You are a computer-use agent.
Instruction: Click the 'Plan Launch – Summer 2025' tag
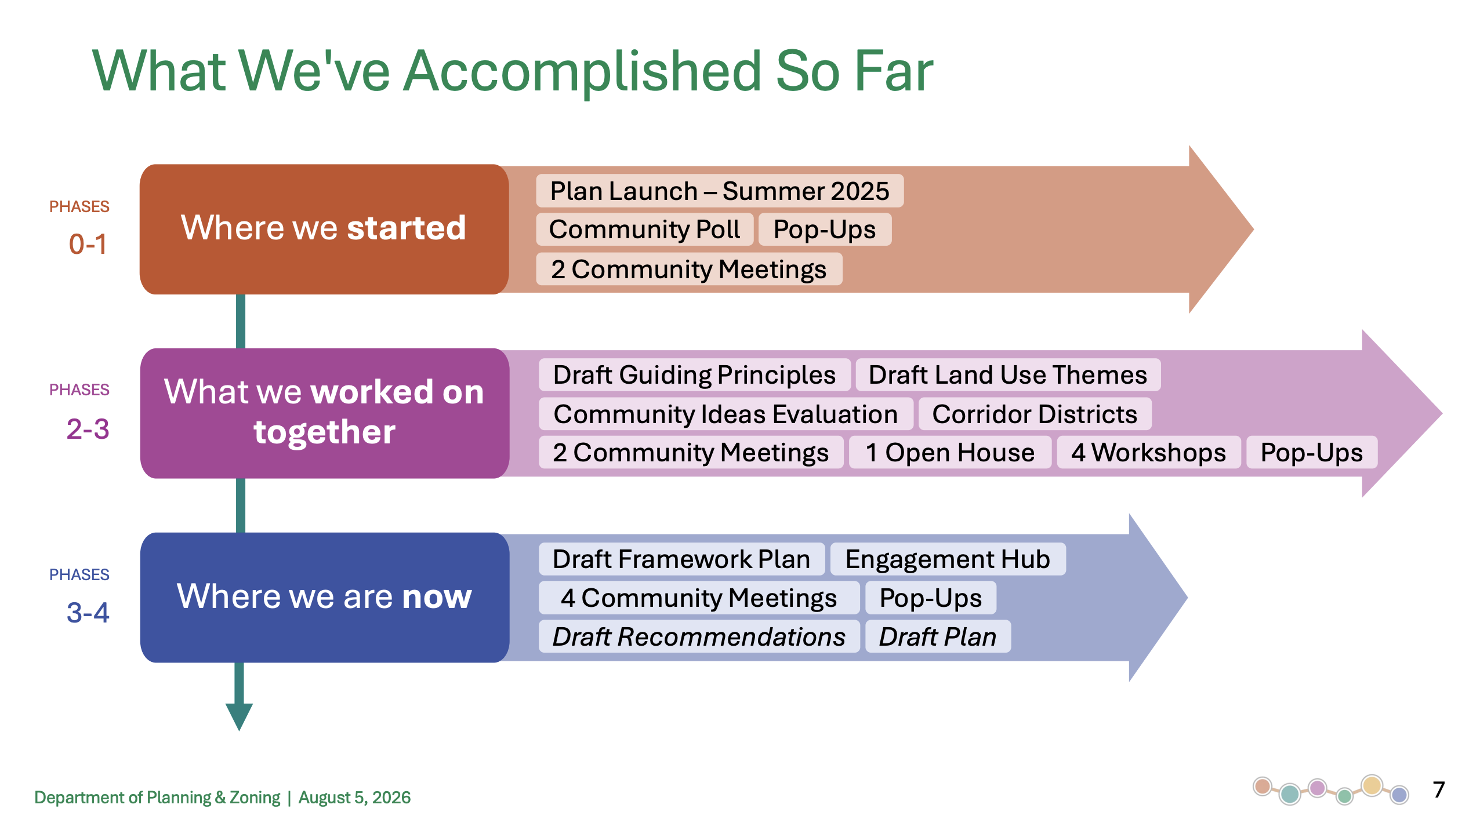[x=719, y=191]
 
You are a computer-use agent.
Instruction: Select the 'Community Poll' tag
[x=644, y=230]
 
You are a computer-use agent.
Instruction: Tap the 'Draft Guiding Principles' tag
[x=694, y=375]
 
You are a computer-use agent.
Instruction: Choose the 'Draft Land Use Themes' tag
[x=1008, y=375]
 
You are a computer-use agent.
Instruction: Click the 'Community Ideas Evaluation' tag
[x=726, y=414]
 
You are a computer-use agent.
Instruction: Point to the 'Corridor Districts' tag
[x=1035, y=414]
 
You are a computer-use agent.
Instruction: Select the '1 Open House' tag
[x=950, y=452]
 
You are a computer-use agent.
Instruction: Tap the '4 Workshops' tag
[x=1148, y=452]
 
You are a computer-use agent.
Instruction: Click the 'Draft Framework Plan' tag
[x=681, y=559]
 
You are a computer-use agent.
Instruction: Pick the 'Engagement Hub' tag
[x=948, y=559]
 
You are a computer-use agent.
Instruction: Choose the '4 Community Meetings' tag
[x=699, y=598]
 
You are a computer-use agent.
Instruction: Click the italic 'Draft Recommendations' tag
[x=699, y=636]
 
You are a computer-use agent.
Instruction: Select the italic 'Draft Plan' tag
[x=938, y=636]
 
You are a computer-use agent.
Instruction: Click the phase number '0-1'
[x=88, y=244]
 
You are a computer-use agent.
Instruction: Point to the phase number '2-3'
[x=88, y=429]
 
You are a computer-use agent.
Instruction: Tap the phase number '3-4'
[x=88, y=613]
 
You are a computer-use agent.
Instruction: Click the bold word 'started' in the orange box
[x=407, y=228]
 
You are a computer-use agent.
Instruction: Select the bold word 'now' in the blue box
[x=437, y=597]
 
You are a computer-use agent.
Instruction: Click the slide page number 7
[x=1439, y=790]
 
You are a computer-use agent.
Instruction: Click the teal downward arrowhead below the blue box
[x=239, y=716]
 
